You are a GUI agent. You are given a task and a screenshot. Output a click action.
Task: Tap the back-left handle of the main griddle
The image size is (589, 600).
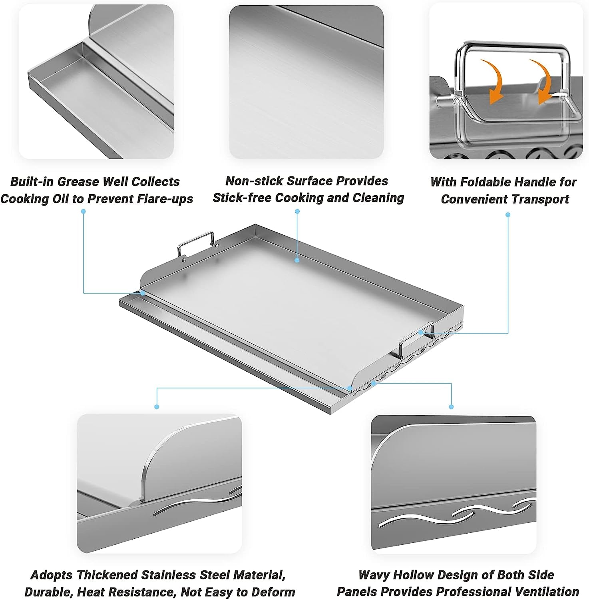pyautogui.click(x=195, y=243)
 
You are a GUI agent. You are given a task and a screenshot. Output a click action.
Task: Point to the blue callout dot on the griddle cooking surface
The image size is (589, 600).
pyautogui.click(x=297, y=260)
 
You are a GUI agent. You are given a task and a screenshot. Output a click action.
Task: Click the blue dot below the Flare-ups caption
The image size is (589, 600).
pyautogui.click(x=84, y=211)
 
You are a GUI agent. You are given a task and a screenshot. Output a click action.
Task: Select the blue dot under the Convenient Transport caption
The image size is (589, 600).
pyautogui.click(x=508, y=215)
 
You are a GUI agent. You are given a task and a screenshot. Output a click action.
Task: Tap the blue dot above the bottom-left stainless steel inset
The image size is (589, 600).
pyautogui.click(x=157, y=407)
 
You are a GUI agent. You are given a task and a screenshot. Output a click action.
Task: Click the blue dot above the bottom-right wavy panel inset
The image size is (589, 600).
pyautogui.click(x=451, y=407)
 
